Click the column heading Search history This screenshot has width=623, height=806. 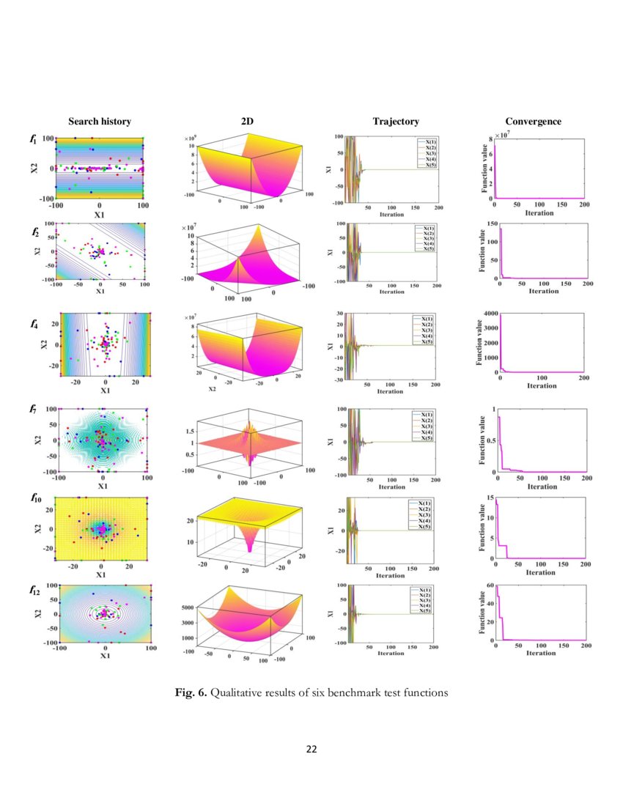(100, 122)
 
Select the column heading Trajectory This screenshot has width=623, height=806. (395, 122)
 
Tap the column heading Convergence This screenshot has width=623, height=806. (533, 122)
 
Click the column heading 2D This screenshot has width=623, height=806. (248, 122)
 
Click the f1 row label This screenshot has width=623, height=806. (34, 138)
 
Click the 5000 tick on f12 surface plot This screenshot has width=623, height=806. (185, 607)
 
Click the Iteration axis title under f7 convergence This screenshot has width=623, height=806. (542, 487)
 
